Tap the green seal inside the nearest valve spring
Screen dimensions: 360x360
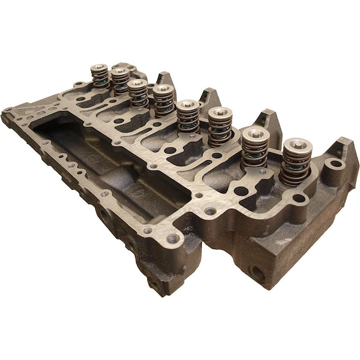(x=296, y=169)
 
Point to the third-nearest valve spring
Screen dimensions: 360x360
(x=220, y=127)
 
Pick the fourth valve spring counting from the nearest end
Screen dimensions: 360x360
(x=188, y=117)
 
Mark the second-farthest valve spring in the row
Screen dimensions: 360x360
(x=120, y=81)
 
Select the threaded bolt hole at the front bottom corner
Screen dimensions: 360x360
(x=175, y=239)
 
